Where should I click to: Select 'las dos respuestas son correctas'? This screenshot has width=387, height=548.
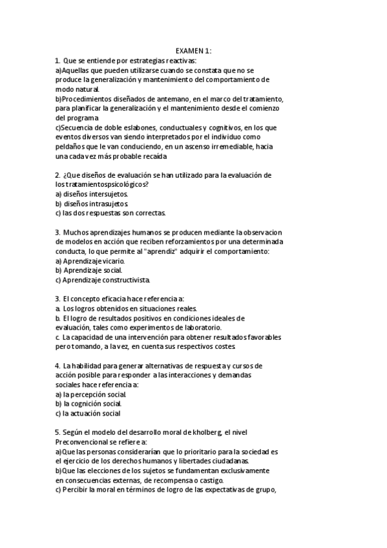click(x=114, y=213)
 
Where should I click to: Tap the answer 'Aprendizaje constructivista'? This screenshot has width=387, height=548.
click(x=107, y=280)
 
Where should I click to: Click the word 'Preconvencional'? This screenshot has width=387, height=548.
click(x=85, y=442)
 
